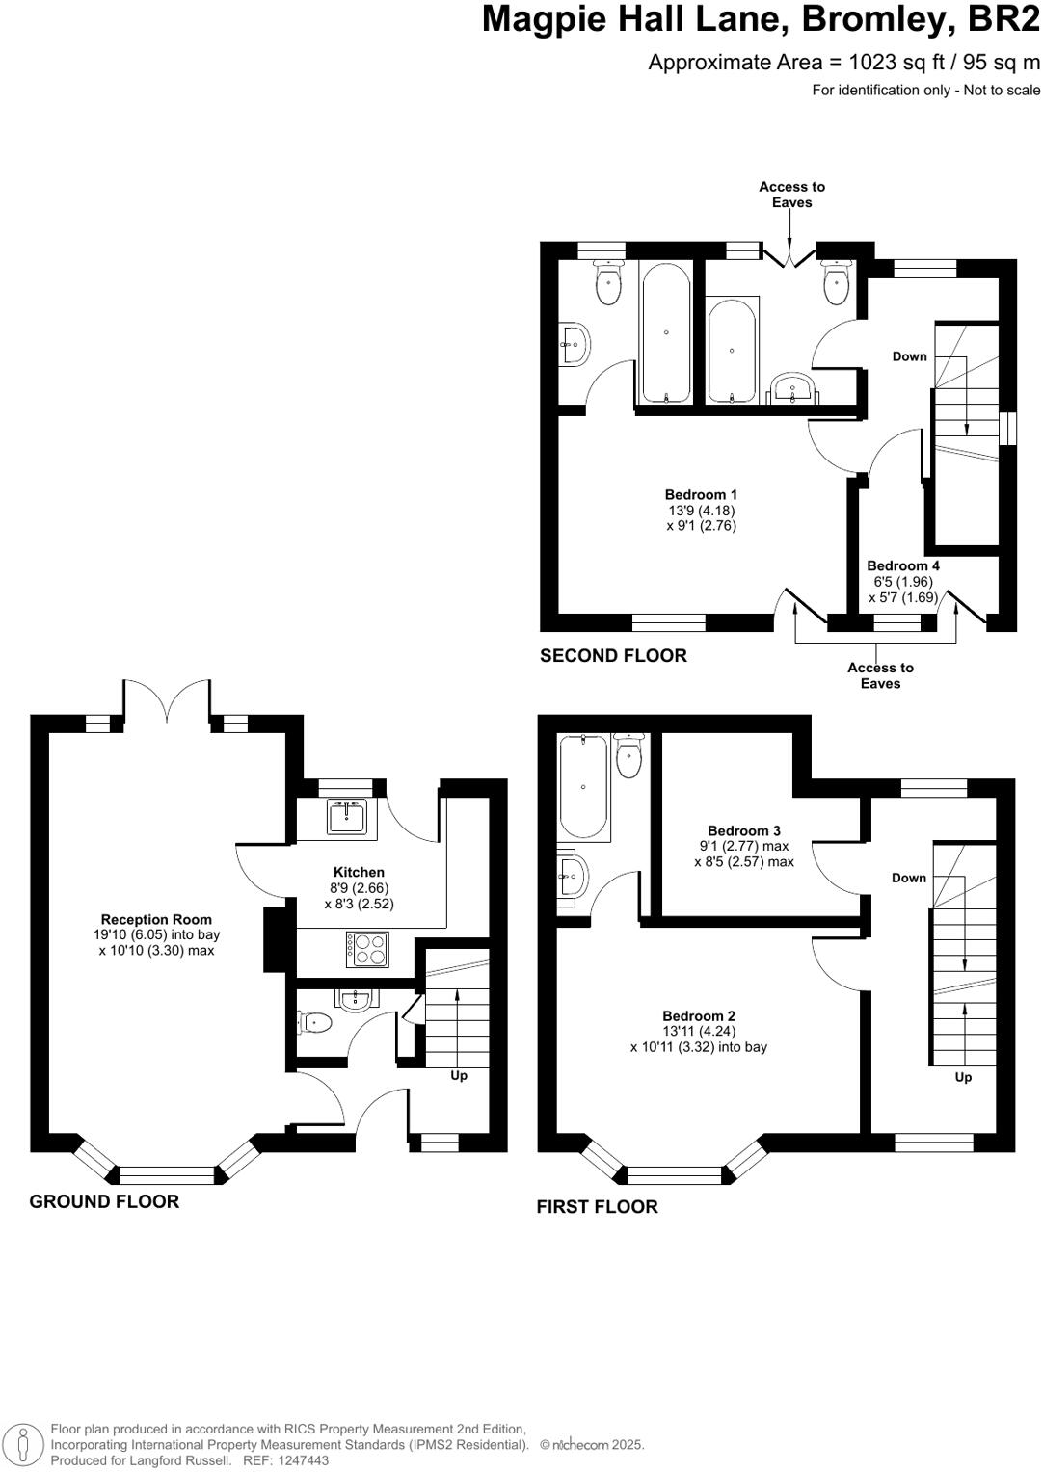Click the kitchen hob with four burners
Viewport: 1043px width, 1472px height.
(x=367, y=949)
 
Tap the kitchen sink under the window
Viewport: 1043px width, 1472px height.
(x=346, y=817)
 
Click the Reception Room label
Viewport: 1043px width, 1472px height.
(x=156, y=919)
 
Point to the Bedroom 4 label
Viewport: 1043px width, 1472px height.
(x=903, y=565)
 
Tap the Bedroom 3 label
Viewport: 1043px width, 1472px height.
(x=744, y=830)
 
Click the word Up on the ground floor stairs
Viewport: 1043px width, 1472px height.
(x=459, y=1076)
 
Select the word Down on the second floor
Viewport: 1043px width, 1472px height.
(x=910, y=356)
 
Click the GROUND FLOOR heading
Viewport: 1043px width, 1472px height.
(x=104, y=1202)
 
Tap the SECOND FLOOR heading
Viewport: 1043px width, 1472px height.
(x=614, y=656)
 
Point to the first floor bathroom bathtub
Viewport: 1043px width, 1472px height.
(x=583, y=787)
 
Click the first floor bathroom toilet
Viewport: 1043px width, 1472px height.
(x=629, y=755)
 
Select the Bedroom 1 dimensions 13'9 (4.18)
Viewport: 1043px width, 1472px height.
(x=702, y=510)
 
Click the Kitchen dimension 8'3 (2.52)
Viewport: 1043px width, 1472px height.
(x=359, y=904)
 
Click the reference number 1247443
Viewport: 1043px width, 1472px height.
(x=305, y=1460)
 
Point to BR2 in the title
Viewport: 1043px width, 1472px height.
(x=1004, y=19)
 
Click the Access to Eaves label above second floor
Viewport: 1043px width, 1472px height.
(x=791, y=195)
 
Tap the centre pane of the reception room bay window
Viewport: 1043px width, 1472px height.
(x=168, y=1175)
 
